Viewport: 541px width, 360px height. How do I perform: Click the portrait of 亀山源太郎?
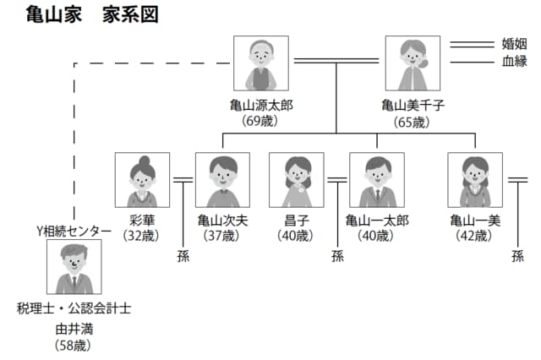pyautogui.click(x=260, y=63)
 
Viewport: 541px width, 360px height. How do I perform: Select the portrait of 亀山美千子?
pyautogui.click(x=413, y=63)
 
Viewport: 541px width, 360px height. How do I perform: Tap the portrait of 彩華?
pyautogui.click(x=142, y=180)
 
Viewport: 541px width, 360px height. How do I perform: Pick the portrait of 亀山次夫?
pyautogui.click(x=222, y=180)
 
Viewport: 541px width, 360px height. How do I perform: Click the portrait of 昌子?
pyautogui.click(x=296, y=180)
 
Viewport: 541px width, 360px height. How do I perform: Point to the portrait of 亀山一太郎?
pyautogui.click(x=377, y=180)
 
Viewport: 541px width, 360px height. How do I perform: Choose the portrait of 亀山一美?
pyautogui.click(x=475, y=180)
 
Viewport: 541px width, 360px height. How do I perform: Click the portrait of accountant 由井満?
pyautogui.click(x=74, y=267)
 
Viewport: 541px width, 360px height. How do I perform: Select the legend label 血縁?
pyautogui.click(x=514, y=61)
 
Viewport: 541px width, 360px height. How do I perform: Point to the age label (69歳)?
pyautogui.click(x=260, y=121)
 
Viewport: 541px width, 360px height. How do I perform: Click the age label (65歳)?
pyautogui.click(x=413, y=121)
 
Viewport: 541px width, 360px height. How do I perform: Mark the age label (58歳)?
pyautogui.click(x=74, y=344)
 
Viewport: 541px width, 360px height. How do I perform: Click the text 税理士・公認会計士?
pyautogui.click(x=74, y=308)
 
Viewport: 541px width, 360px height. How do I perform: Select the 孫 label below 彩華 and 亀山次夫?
pyautogui.click(x=183, y=256)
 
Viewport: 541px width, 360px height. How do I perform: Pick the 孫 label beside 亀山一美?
pyautogui.click(x=517, y=256)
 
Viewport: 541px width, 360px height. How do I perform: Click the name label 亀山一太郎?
pyautogui.click(x=377, y=221)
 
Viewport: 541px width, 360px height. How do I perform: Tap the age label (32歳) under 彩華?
pyautogui.click(x=142, y=236)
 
